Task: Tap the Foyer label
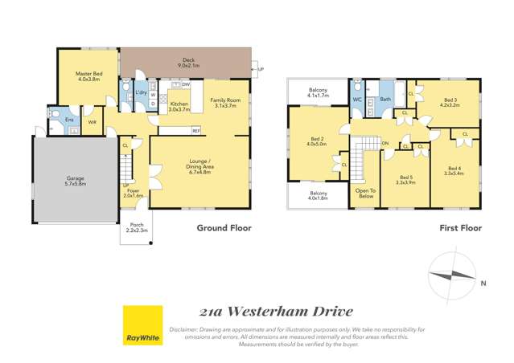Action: click(133, 192)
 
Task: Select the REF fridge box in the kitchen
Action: click(195, 130)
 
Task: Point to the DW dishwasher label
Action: click(185, 84)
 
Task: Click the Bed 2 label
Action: click(316, 142)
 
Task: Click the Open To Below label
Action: click(366, 193)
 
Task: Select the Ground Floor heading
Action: click(224, 228)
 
